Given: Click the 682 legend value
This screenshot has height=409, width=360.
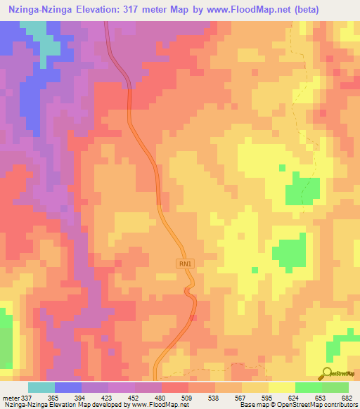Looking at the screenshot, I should (x=345, y=397).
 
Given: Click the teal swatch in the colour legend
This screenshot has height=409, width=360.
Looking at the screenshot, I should (x=41, y=387).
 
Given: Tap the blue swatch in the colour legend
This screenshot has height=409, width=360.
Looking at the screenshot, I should (x=68, y=387).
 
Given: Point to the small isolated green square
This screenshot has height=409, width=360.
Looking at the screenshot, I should (x=283, y=168).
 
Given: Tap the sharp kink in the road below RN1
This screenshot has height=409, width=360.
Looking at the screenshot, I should (x=188, y=290).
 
